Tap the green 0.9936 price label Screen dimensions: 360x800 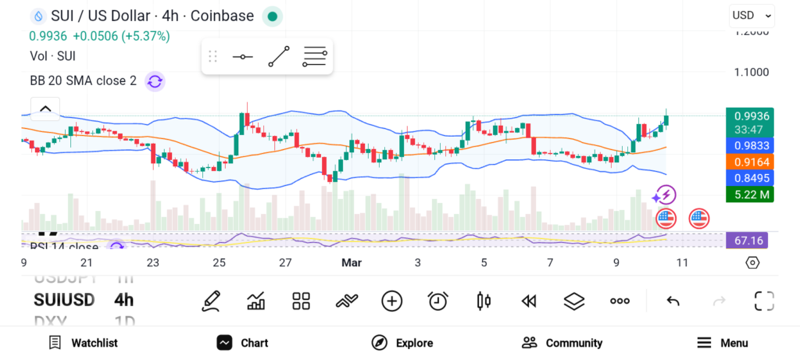(x=749, y=116)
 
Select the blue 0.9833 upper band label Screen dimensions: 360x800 (x=749, y=145)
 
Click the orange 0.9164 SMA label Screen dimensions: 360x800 (x=749, y=162)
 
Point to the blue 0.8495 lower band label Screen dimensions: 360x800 (x=749, y=178)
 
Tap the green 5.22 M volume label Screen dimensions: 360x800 (x=749, y=194)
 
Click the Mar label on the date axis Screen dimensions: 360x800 (x=351, y=262)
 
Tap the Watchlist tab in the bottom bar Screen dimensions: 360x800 (x=84, y=343)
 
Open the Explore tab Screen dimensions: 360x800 (x=402, y=343)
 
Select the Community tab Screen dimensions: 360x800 (x=562, y=343)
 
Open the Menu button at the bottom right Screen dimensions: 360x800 (x=723, y=343)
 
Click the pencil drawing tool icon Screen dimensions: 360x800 (x=210, y=301)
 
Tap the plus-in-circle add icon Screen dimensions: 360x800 (x=391, y=301)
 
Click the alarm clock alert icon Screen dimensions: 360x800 (x=437, y=301)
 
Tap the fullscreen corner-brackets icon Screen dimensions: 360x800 (x=763, y=301)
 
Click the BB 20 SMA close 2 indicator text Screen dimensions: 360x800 (x=83, y=81)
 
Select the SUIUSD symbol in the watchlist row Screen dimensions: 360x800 (x=64, y=300)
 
